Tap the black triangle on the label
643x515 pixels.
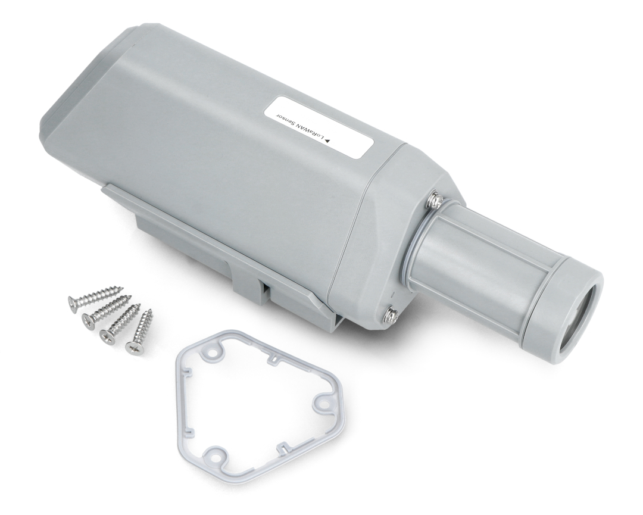327,141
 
